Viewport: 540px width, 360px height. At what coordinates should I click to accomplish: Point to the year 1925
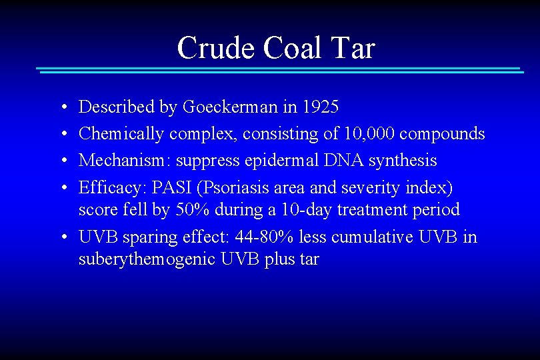coord(321,107)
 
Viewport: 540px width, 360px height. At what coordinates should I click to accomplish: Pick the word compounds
coord(442,134)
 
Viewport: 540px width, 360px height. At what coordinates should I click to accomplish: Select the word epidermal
coord(290,161)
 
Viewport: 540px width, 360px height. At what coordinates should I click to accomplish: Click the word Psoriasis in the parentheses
coord(232,188)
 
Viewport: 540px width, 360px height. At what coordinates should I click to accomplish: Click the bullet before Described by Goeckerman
coord(61,107)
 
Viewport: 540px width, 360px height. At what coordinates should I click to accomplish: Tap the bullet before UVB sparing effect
coord(61,238)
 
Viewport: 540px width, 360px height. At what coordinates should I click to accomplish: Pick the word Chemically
coord(121,134)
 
